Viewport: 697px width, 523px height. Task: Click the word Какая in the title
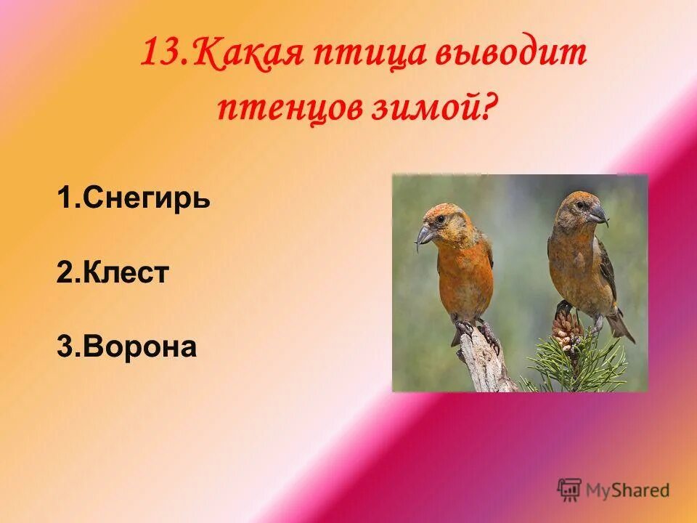[x=238, y=54]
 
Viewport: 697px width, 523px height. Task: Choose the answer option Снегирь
[x=134, y=198]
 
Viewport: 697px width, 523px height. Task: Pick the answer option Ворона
[x=127, y=346]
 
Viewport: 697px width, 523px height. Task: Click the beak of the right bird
[x=598, y=214]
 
